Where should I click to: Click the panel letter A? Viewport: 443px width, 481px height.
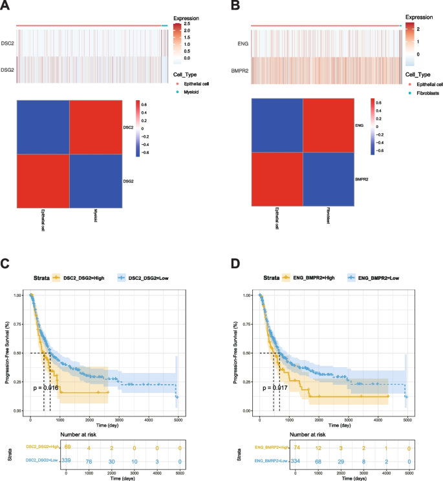coord(6,7)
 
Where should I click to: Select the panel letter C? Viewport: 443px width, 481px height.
coord(6,264)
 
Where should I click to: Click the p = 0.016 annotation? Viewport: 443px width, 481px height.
coord(47,388)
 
